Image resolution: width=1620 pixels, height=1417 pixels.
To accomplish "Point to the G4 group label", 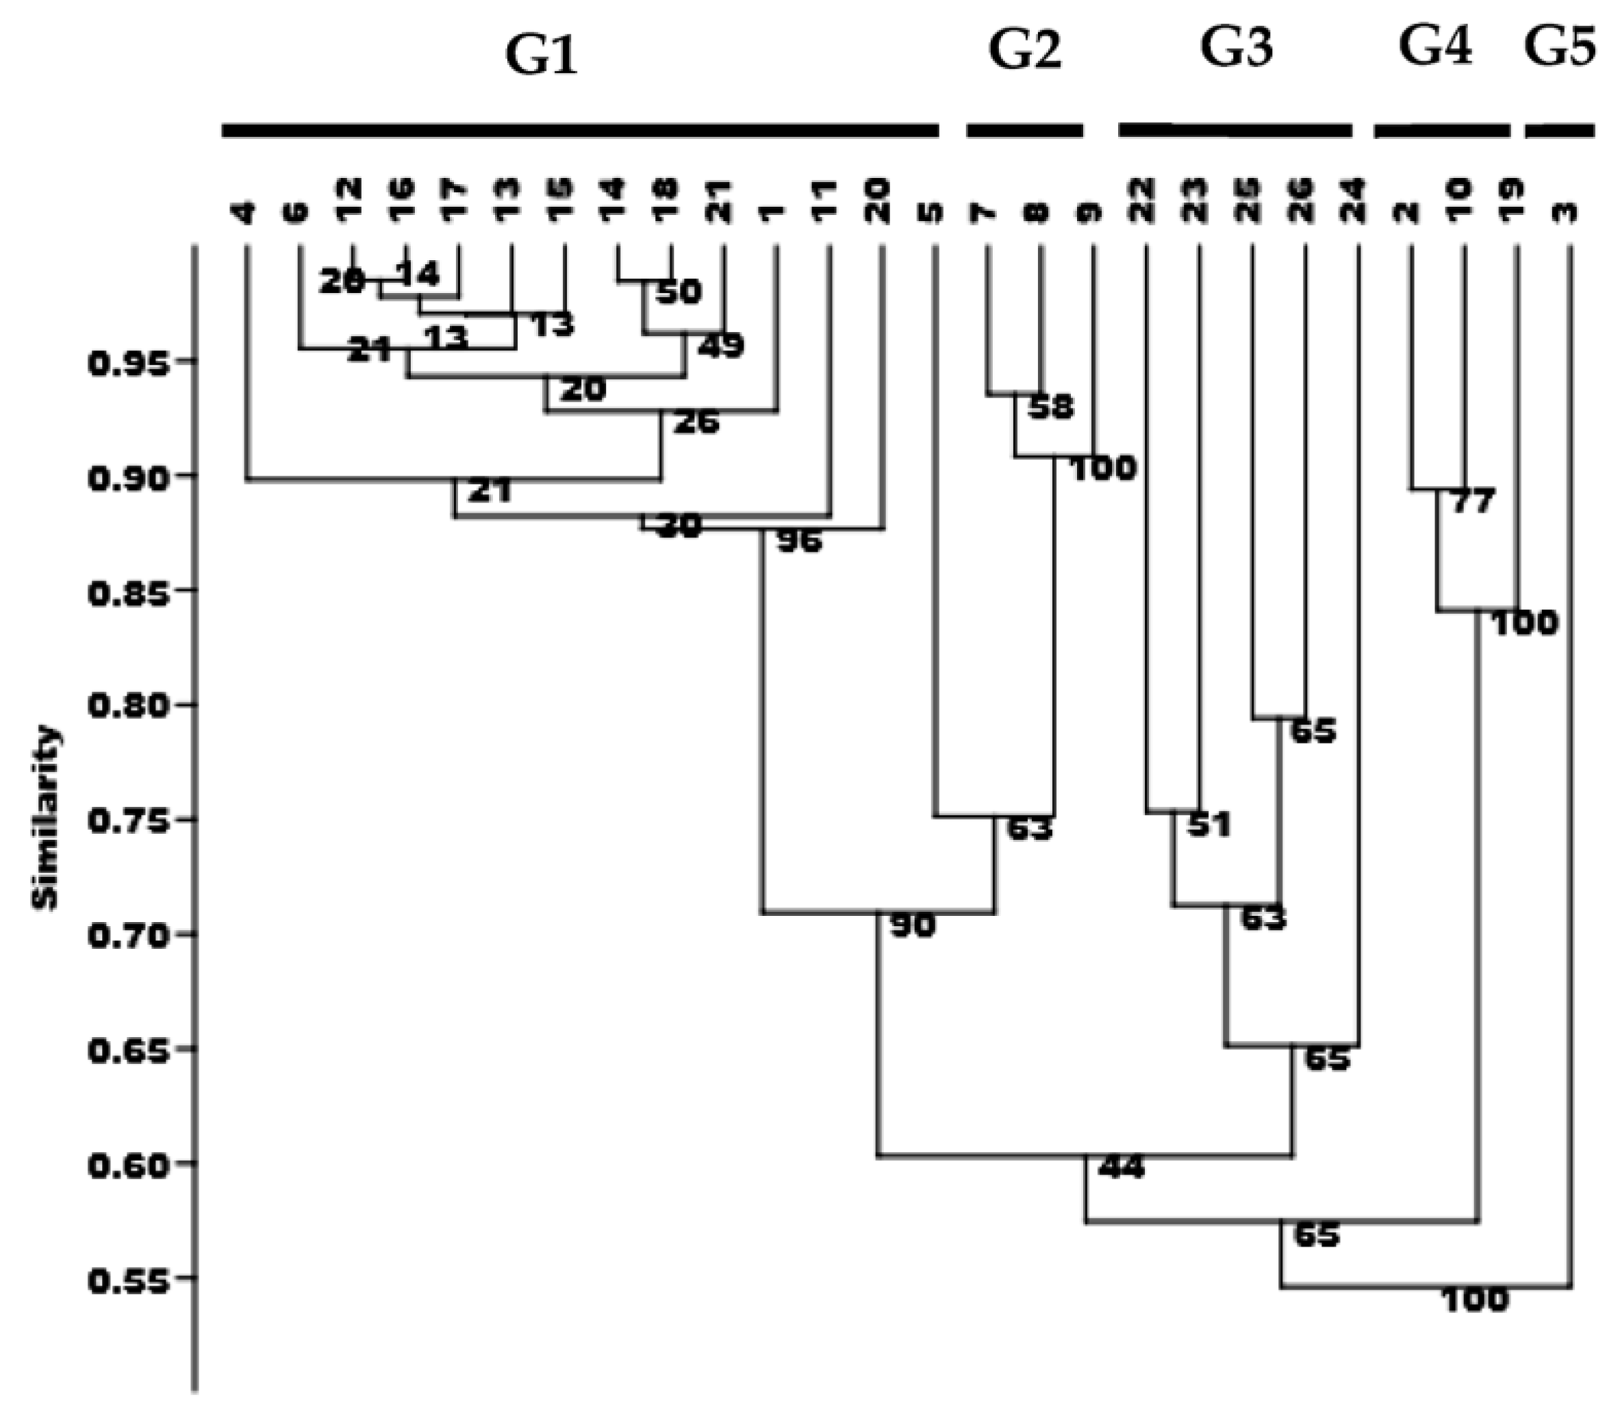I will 1435,47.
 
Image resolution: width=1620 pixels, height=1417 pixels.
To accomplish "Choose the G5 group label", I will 1560,47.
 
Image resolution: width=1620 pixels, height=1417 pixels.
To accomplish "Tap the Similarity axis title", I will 46,819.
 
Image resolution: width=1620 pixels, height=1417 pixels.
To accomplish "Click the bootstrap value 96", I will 800,542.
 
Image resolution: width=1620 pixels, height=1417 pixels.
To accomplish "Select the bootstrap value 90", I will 913,926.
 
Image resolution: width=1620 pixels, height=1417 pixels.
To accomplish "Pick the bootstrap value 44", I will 1122,1167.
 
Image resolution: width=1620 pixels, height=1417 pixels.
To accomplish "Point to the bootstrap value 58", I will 1051,407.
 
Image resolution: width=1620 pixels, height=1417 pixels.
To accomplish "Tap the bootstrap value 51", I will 1208,826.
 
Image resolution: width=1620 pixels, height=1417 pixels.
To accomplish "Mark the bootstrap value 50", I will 679,292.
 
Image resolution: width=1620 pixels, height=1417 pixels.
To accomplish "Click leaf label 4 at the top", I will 246,213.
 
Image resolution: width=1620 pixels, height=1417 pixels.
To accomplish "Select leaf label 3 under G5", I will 1569,213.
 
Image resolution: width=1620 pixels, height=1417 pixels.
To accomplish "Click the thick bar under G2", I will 1024,131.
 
